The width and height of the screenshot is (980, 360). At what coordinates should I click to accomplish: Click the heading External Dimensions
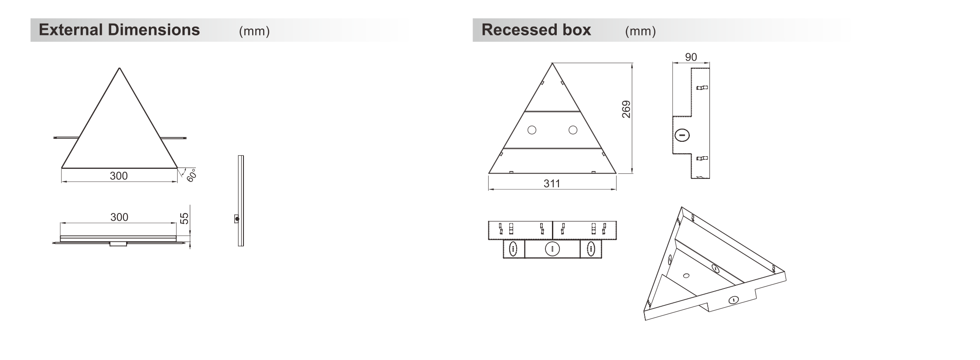[119, 30]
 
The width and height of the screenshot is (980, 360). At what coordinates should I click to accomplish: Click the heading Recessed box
[536, 30]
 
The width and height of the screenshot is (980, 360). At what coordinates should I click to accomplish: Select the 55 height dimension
[185, 218]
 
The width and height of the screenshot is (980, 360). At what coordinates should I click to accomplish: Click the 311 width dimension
[552, 183]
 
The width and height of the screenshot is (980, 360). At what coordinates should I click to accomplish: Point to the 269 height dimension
[626, 109]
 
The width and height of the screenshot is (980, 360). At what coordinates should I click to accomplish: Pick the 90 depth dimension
[691, 57]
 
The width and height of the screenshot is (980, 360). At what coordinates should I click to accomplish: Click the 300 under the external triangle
[119, 176]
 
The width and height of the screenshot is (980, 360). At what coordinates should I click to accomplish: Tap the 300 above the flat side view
[119, 217]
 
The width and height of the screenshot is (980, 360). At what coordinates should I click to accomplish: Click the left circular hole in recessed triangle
[532, 130]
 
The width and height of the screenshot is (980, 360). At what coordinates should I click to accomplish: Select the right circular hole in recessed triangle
[573, 130]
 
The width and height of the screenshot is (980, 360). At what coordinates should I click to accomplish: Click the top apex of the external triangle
[120, 68]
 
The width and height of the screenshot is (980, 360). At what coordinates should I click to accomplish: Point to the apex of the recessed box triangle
[552, 63]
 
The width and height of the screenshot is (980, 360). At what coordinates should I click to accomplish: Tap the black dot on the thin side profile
[237, 219]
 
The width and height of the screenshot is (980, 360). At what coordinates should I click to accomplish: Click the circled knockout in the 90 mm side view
[682, 135]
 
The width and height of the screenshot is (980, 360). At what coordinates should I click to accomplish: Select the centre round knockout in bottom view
[552, 249]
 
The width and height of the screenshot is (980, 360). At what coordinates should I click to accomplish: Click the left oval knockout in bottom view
[514, 249]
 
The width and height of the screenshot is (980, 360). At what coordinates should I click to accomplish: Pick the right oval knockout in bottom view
[591, 249]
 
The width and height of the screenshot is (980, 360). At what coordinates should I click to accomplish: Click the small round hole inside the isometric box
[686, 275]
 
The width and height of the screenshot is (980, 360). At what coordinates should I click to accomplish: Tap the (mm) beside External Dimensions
[254, 31]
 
